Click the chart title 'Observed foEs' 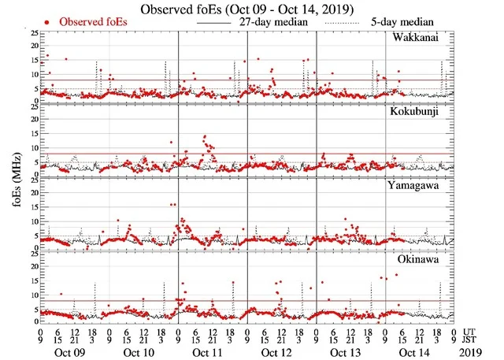(246, 9)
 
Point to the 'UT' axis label (471, 331)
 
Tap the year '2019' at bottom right (472, 351)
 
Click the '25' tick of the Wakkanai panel (33, 33)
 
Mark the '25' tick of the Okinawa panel (33, 254)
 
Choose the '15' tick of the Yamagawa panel (33, 207)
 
